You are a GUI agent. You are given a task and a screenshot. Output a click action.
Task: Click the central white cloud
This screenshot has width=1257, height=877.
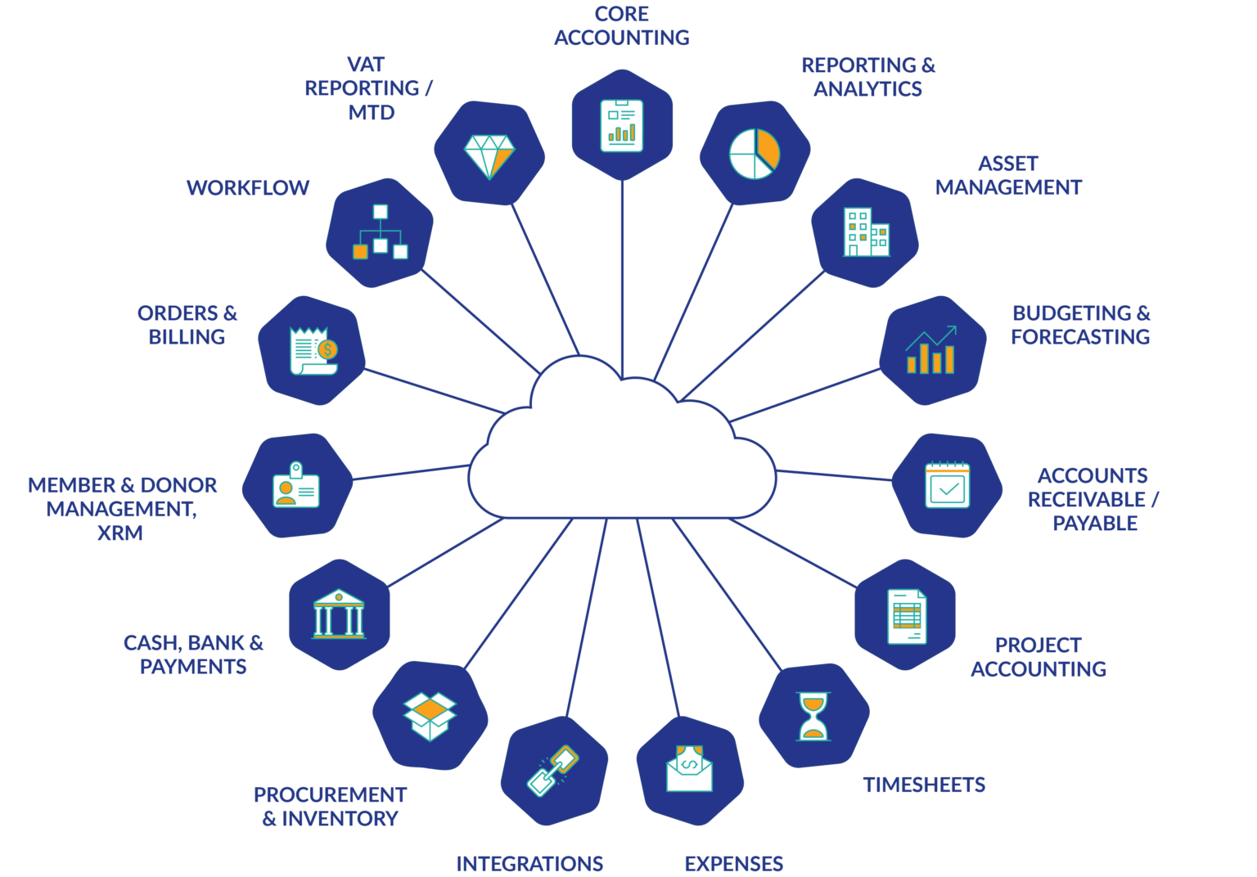[x=622, y=458]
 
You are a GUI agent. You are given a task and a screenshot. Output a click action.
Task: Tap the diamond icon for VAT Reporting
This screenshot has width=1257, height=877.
[x=489, y=155]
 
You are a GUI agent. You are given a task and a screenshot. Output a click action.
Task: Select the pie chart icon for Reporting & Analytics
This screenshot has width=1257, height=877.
[x=755, y=153]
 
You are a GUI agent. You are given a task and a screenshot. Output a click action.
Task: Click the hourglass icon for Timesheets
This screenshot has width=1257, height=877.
[x=813, y=716]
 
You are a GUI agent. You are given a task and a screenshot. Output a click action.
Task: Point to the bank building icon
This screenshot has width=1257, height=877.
[x=339, y=614]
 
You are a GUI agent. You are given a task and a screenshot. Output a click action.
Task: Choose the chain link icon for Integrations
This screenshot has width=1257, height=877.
[x=554, y=771]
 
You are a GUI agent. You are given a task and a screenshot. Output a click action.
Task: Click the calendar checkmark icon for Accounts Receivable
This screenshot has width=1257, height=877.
[x=947, y=486]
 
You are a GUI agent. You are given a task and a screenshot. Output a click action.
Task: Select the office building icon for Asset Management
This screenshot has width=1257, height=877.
[x=866, y=232]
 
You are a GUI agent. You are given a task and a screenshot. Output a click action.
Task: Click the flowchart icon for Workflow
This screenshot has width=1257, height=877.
[x=380, y=233]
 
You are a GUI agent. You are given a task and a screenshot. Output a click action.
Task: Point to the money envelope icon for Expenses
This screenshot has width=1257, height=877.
[x=689, y=769]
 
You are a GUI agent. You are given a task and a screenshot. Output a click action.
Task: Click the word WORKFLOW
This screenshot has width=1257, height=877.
[x=248, y=188]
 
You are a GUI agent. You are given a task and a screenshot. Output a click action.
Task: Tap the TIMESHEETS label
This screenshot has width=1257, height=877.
[x=924, y=785]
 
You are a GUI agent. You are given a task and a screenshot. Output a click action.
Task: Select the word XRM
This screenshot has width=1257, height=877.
[x=120, y=533]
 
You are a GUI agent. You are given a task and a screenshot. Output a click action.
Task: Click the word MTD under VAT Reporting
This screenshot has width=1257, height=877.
[x=372, y=113]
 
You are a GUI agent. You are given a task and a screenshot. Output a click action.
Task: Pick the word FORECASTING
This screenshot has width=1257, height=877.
[x=1080, y=337]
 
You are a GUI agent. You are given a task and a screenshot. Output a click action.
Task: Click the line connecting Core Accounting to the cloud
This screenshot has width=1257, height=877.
[x=622, y=278]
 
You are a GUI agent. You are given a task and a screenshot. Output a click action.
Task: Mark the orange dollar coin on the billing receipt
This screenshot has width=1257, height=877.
[x=327, y=350]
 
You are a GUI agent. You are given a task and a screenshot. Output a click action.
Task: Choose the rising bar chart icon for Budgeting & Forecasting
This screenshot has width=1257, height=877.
[x=931, y=351]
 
